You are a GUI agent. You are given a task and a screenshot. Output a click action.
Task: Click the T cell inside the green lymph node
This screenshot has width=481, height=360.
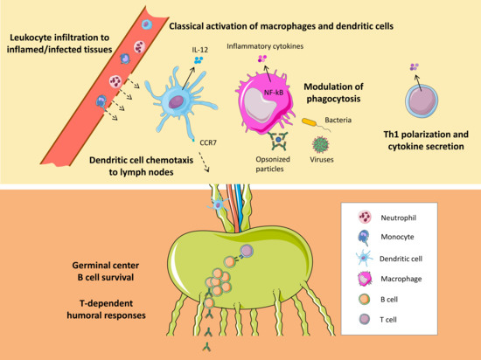tap(247, 253)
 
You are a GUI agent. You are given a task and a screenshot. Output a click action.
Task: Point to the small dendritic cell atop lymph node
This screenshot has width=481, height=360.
tap(218, 203)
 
